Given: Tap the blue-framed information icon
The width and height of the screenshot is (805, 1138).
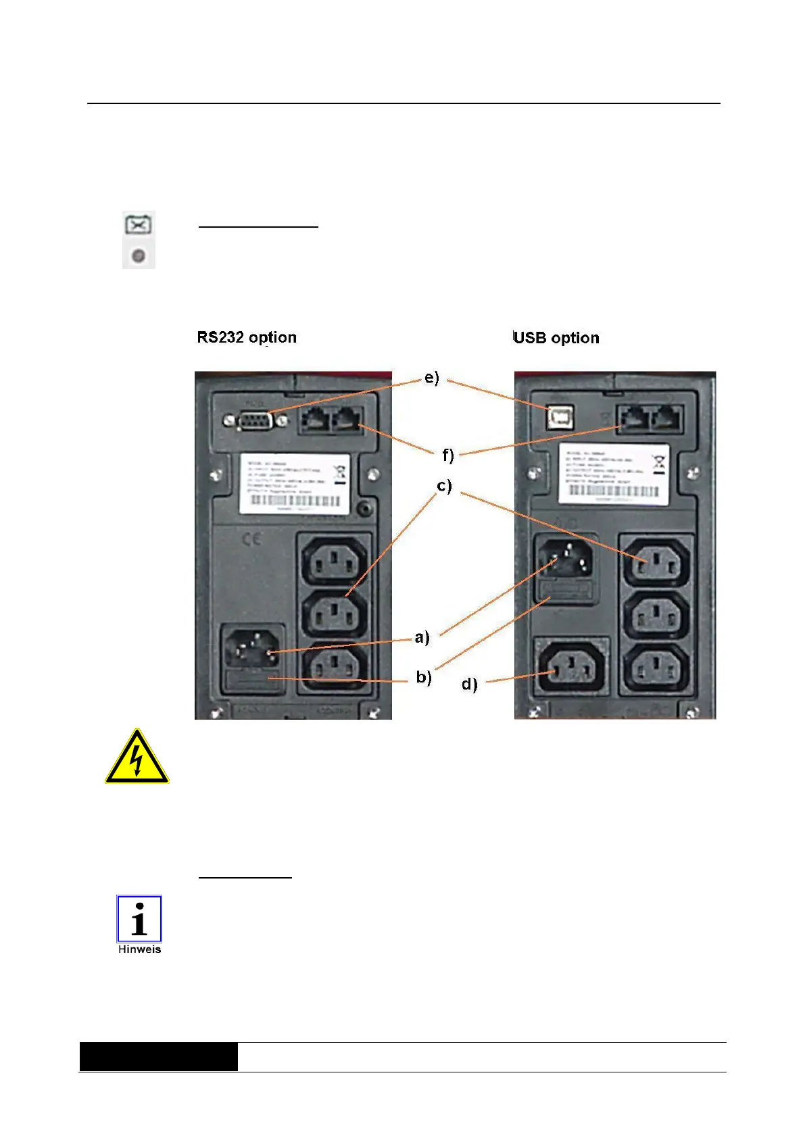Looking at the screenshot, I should [139, 919].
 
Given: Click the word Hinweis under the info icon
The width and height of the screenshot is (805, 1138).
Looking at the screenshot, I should [139, 949].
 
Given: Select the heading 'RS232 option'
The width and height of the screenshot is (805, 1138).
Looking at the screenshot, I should [247, 337].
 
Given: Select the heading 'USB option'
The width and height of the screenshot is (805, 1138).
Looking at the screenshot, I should [556, 338].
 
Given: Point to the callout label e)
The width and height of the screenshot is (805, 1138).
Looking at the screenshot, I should [432, 378].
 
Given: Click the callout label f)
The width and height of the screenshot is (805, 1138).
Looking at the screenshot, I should [447, 455].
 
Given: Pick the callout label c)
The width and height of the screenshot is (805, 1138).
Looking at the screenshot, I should [444, 486].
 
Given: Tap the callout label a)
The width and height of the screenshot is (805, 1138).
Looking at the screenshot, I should [422, 637].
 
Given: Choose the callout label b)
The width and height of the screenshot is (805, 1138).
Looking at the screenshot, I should [424, 676].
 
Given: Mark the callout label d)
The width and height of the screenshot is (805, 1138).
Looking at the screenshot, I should [469, 684].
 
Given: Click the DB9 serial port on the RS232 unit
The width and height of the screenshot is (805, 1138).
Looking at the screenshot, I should [255, 421].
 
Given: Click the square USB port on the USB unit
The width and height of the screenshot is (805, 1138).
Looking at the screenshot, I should [560, 418].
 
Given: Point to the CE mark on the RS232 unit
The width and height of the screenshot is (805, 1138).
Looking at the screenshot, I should [251, 539].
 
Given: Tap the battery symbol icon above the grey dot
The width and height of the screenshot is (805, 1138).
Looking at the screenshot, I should [139, 224].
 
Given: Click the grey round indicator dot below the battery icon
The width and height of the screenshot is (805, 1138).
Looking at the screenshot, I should [139, 256].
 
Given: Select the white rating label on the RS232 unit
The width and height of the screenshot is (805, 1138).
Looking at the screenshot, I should [295, 483].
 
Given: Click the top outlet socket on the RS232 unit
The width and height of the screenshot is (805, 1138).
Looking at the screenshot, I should [334, 560].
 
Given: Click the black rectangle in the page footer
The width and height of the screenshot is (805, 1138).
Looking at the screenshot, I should [159, 1056].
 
